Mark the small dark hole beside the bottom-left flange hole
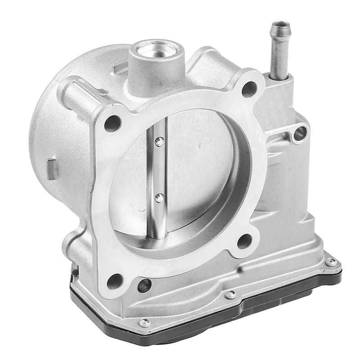(x=144, y=285)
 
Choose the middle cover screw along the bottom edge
(x=230, y=294)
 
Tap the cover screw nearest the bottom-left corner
(x=145, y=322)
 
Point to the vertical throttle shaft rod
(x=157, y=171)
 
